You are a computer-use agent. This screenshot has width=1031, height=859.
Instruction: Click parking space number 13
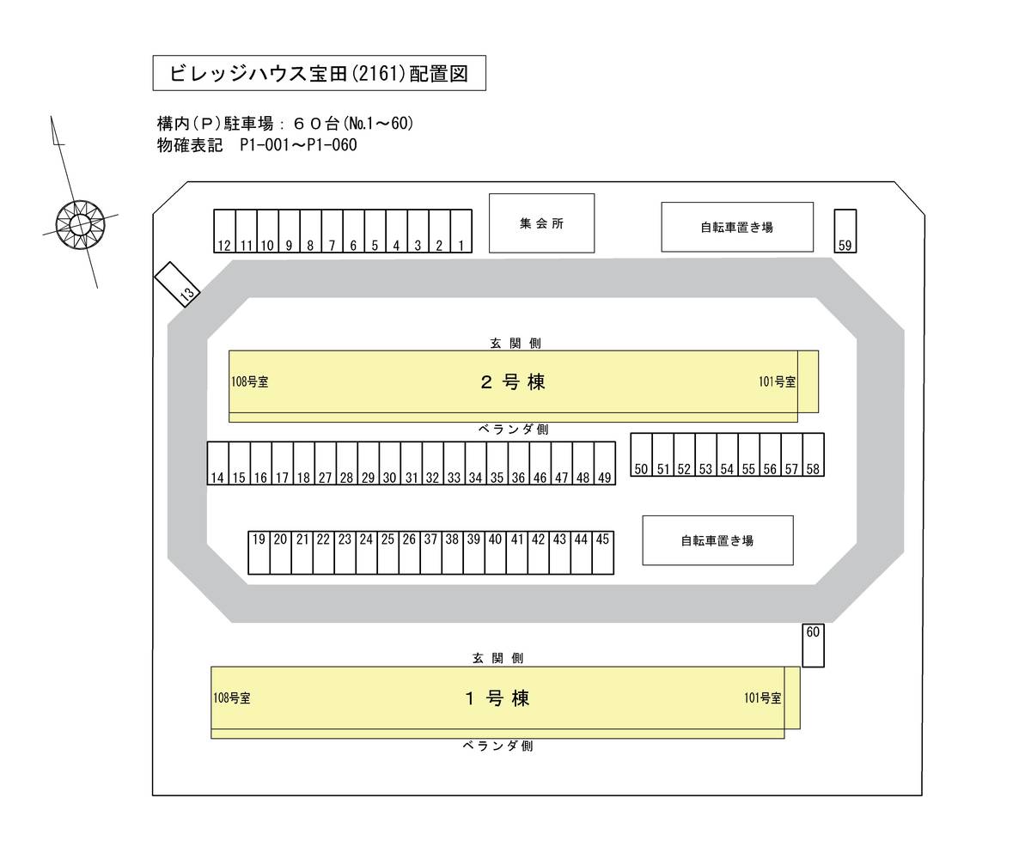177,283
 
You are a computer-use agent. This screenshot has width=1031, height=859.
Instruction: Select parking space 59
845,231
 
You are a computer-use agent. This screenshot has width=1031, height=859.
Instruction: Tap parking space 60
813,645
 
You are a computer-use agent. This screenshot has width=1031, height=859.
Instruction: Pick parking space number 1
461,231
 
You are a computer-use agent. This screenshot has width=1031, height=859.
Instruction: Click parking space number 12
224,231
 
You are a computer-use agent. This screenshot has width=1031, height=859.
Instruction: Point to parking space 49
604,464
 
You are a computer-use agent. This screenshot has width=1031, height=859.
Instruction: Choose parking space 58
813,454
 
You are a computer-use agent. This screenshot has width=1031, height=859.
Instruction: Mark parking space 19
259,552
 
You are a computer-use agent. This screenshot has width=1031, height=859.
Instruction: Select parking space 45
602,552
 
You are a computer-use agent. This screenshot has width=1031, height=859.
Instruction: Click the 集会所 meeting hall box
541,223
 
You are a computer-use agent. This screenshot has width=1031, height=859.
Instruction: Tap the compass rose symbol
80,224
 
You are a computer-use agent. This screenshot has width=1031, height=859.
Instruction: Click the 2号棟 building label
513,382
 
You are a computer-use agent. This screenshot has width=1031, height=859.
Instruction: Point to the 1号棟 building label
497,698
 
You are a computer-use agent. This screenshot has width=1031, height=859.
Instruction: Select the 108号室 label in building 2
249,382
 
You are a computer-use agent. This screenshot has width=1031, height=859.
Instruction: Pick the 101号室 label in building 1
763,698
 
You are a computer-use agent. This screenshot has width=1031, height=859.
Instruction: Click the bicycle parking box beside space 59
736,227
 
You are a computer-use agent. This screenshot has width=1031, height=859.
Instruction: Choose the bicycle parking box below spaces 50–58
717,540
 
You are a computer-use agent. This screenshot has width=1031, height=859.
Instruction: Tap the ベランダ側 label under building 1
497,746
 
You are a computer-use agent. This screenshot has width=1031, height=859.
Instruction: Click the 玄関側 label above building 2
515,344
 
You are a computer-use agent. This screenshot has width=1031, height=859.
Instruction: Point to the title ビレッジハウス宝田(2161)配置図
319,73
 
